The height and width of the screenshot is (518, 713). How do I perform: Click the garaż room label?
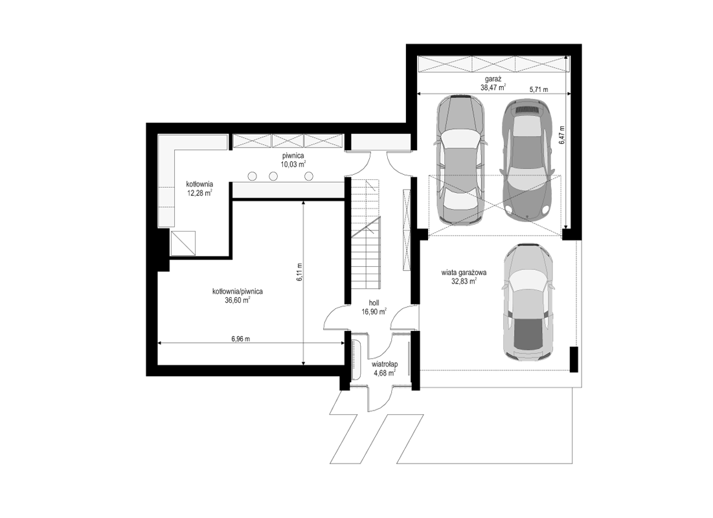(493, 79)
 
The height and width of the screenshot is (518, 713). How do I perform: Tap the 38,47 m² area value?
(493, 88)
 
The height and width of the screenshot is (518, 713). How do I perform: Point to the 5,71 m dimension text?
(539, 89)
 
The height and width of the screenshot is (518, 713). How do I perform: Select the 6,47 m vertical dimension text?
(562, 135)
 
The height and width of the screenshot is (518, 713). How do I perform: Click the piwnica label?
(292, 155)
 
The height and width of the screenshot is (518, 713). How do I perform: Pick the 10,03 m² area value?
(293, 164)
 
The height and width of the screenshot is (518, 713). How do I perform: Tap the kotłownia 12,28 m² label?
(199, 188)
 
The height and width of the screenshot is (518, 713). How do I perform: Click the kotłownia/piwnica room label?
(238, 291)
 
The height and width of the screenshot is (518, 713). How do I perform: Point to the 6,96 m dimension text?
(240, 339)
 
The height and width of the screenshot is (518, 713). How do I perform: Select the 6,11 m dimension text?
(300, 273)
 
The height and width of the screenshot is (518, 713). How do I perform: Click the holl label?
(374, 302)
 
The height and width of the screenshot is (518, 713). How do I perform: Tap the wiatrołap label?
(385, 364)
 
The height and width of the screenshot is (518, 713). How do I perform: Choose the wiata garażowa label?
(464, 273)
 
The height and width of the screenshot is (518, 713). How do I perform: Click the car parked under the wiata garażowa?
(529, 302)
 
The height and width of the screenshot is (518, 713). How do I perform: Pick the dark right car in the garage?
(527, 158)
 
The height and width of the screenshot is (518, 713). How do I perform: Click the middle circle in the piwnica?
(273, 176)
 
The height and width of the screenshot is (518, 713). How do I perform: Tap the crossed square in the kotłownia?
(183, 243)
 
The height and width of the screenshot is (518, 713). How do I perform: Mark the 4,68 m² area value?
(384, 373)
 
